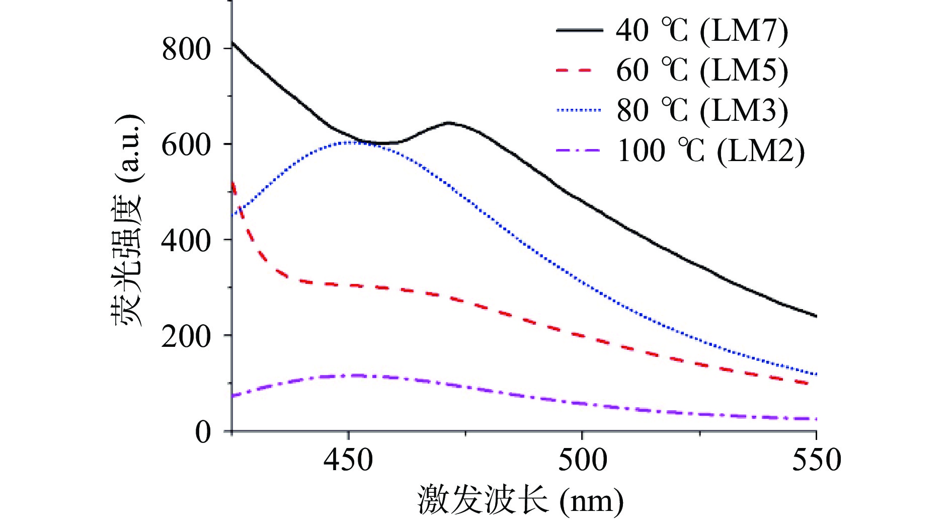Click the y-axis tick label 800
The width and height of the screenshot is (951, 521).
pos(186,49)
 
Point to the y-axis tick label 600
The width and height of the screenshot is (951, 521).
pos(186,145)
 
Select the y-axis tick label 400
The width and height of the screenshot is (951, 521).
pos(186,241)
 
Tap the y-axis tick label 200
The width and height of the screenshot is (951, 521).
pos(186,337)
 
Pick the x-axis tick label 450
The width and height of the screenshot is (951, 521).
pos(348,461)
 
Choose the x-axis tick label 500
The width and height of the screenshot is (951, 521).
pos(582,461)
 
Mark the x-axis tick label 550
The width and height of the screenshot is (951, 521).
pos(816,461)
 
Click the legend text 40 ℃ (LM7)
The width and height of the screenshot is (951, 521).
pos(702,31)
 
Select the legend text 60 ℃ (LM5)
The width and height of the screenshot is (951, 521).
pos(702,70)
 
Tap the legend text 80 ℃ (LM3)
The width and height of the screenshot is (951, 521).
pos(702,111)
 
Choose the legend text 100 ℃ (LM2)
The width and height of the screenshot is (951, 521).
pos(710,151)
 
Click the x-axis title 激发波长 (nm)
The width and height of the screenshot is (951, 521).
pos(520,500)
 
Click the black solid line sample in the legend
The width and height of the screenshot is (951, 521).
pos(579,31)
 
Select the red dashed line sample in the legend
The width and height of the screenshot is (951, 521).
pos(579,70)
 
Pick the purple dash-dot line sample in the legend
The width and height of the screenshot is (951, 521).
pos(579,151)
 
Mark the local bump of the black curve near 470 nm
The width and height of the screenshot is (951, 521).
pos(448,123)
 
